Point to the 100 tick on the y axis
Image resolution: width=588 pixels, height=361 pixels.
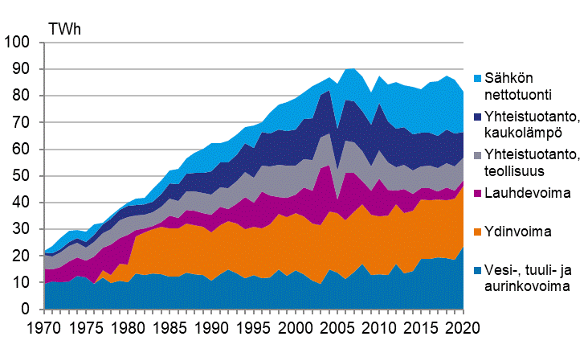(18, 42)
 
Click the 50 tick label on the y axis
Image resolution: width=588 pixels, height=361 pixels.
(22, 176)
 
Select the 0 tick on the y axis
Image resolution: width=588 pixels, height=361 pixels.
(27, 310)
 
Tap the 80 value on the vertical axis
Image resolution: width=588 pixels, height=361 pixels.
(22, 96)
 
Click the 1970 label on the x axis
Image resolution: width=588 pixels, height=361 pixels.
(43, 329)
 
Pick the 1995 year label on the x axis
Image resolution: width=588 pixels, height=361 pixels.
(255, 329)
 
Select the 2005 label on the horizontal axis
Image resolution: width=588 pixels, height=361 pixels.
(339, 329)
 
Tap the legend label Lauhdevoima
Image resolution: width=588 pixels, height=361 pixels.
(526, 194)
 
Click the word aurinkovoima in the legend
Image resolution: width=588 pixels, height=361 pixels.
(531, 286)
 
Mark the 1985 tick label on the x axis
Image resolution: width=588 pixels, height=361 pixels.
(170, 329)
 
